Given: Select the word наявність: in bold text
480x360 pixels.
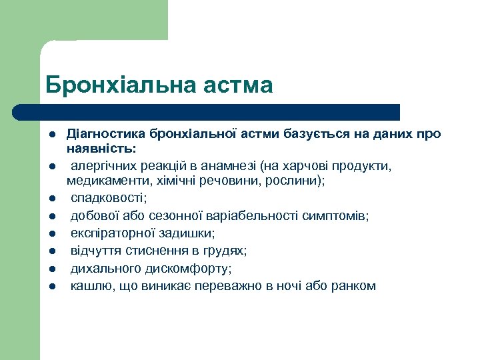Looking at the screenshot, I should [x=101, y=147].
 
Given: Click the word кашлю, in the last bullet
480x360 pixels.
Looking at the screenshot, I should [x=90, y=286].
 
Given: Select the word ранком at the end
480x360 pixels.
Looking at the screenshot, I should [x=355, y=286].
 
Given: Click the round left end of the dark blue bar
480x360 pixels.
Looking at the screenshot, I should [x=21, y=112].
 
